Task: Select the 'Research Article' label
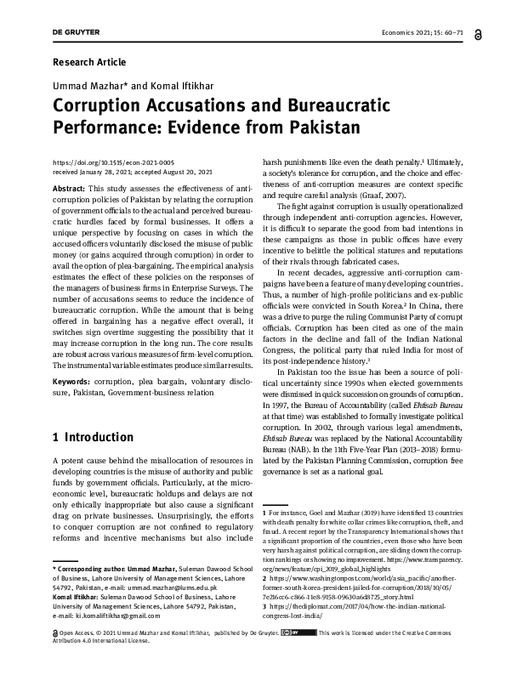88,62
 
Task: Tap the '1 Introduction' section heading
93,437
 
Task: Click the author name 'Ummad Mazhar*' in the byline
87,87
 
